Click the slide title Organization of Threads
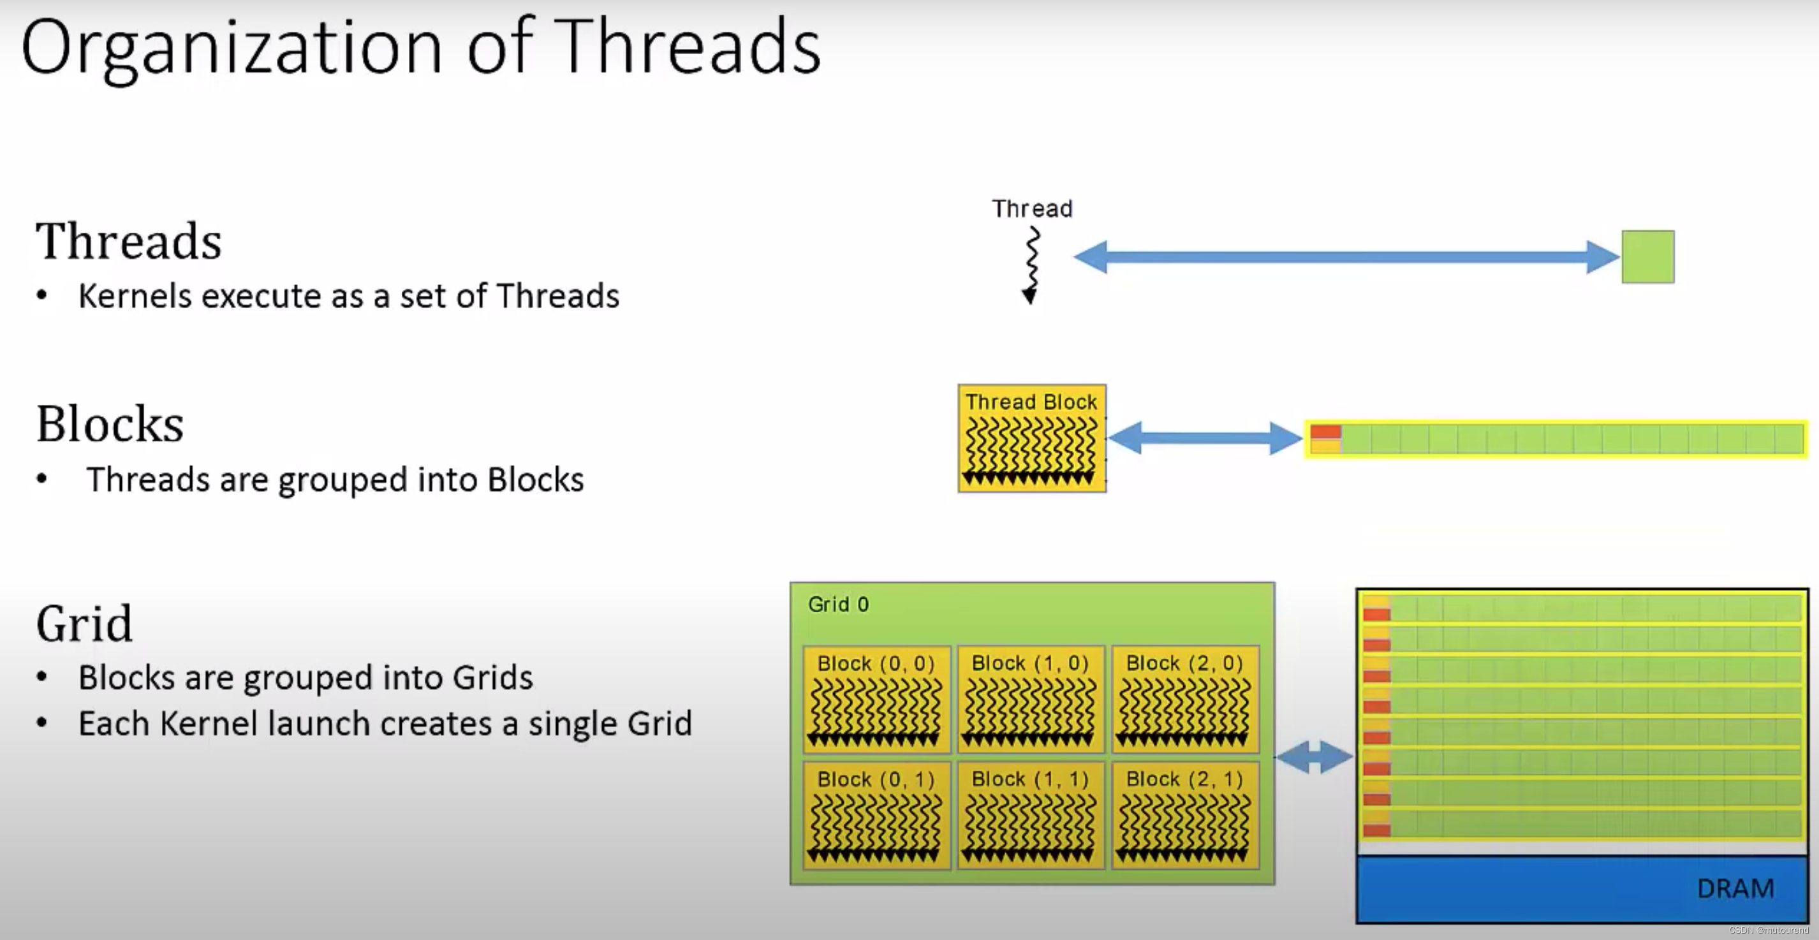[x=422, y=48]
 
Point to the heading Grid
[x=85, y=624]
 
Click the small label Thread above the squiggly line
[x=1032, y=209]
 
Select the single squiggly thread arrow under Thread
[x=1032, y=265]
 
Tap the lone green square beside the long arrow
[x=1647, y=256]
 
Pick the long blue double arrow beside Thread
[x=1346, y=256]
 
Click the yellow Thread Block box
[x=1032, y=438]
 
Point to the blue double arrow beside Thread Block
[x=1205, y=438]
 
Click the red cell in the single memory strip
[x=1325, y=432]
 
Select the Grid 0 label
[x=838, y=605]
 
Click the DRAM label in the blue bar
[x=1735, y=888]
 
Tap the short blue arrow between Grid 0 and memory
[x=1314, y=757]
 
